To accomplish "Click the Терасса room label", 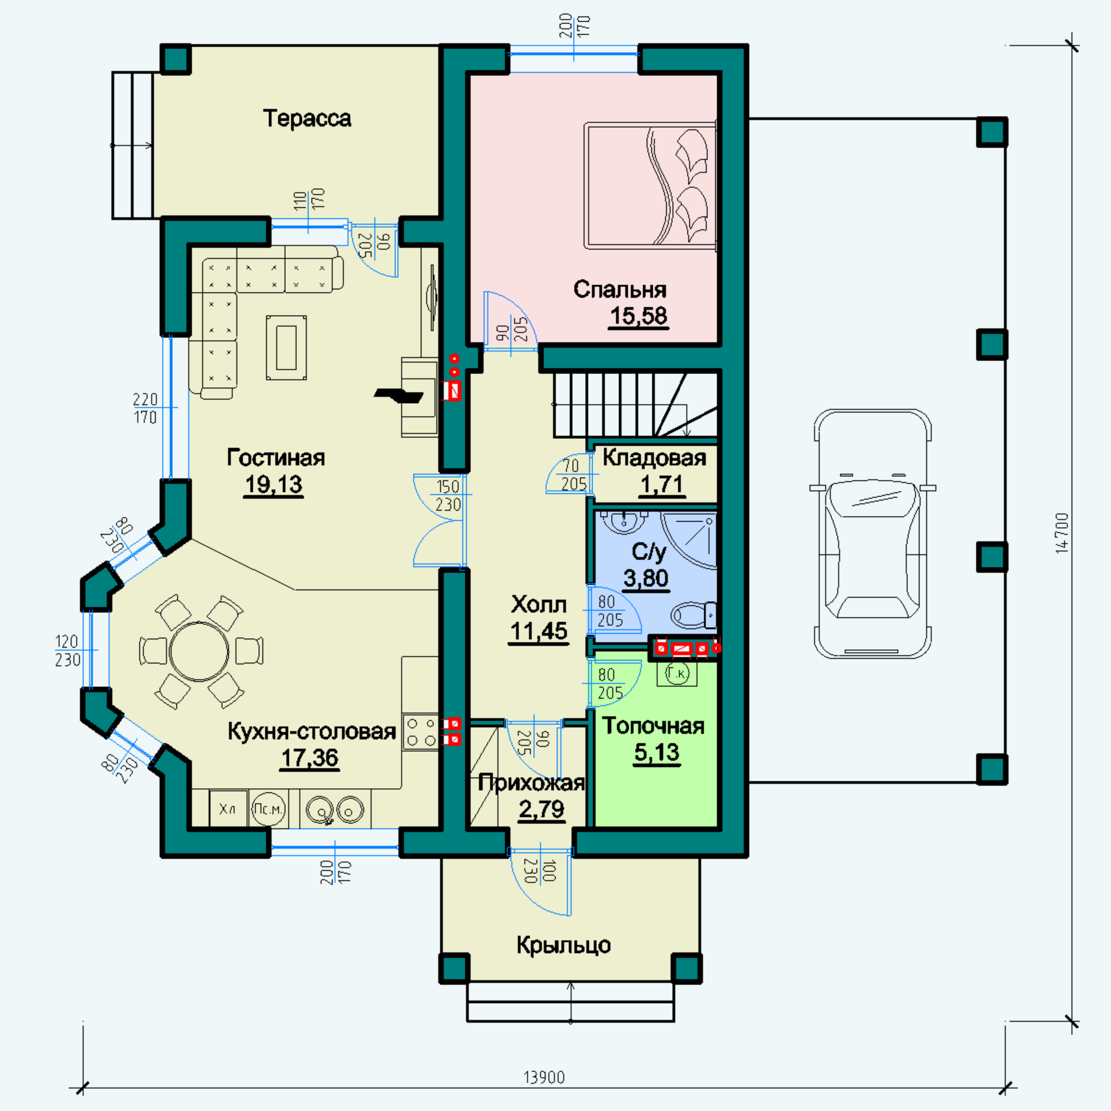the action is point(307,118).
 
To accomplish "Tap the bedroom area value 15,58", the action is point(638,315).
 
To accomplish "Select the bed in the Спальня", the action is point(651,185).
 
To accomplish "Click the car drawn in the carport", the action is point(872,533).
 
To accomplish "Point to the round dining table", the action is point(199,651).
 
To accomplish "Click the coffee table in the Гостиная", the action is point(286,347).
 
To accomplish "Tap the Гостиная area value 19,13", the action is point(273,485).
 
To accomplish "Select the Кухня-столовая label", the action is point(312,731).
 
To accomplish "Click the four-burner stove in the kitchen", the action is point(421,731).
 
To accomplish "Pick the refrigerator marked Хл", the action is point(228,809).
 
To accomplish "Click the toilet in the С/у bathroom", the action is point(693,615).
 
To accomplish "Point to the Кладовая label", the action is point(654,457).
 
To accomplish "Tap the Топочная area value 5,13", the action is point(657,752).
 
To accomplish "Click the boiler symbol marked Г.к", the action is point(677,673).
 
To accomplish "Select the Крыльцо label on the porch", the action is point(564,944).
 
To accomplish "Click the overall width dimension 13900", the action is point(544,1077).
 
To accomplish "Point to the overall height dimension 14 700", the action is point(1061,533).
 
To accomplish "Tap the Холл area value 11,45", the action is point(538,631).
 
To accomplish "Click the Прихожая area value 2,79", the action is point(541,809).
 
